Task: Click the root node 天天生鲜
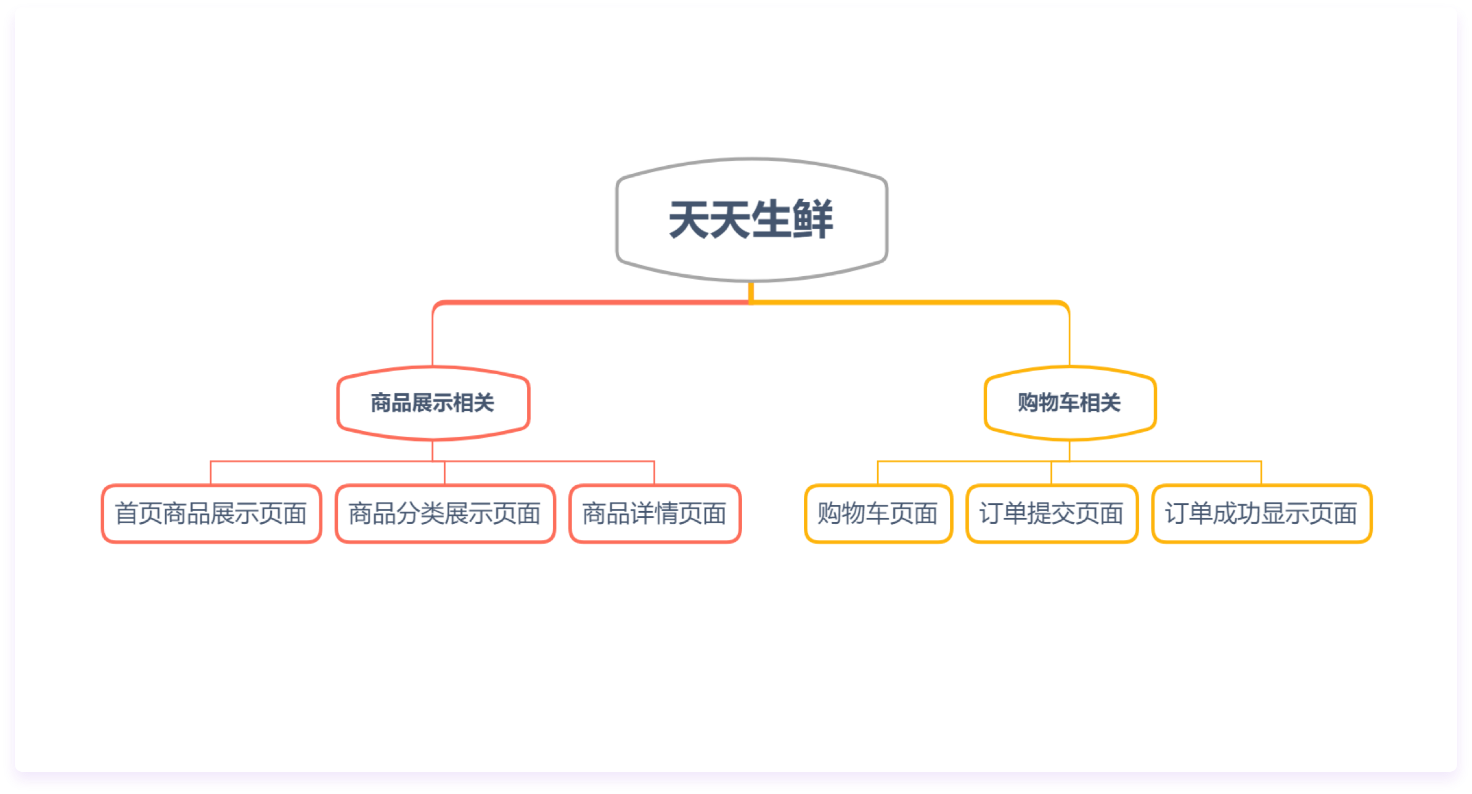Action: tap(751, 220)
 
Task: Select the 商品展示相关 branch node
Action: tap(433, 403)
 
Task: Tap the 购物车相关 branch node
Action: tap(1069, 403)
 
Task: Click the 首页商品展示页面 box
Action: tap(211, 514)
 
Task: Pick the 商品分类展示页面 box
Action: tap(445, 514)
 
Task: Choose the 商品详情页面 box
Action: tap(655, 514)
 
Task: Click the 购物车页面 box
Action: tap(878, 514)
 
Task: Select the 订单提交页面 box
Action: tap(1052, 514)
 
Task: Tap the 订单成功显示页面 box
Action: tap(1262, 514)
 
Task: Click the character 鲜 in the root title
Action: tap(813, 219)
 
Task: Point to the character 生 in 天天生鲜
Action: tap(772, 219)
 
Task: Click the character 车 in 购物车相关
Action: tap(1069, 403)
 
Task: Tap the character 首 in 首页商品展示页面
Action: tap(127, 514)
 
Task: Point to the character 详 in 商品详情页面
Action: tap(643, 514)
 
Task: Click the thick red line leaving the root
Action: tap(592, 302)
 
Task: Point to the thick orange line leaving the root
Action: tap(910, 302)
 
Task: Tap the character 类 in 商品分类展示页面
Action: tap(433, 514)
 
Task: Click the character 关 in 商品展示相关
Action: tap(485, 403)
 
